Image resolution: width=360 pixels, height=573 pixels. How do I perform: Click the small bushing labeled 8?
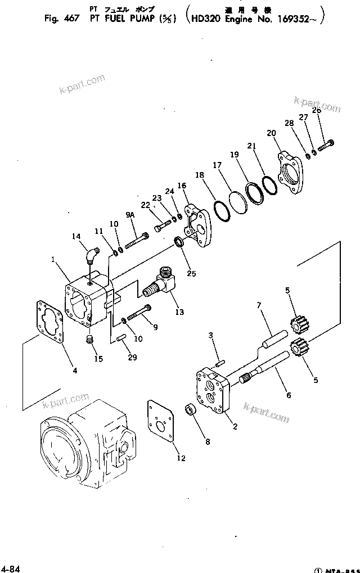point(192,408)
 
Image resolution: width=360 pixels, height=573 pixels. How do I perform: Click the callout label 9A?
point(130,215)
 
